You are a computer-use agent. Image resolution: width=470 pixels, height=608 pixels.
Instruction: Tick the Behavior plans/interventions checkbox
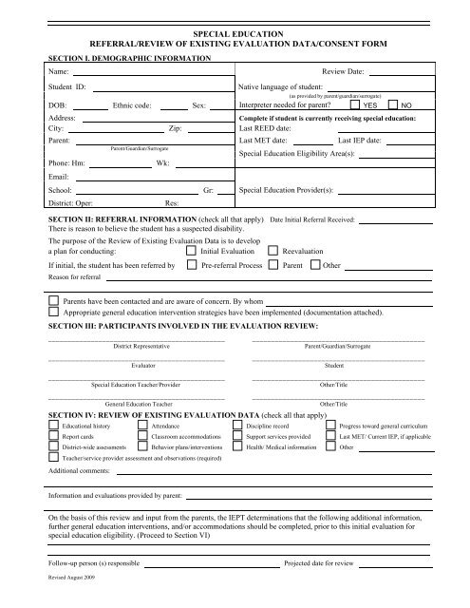(142, 455)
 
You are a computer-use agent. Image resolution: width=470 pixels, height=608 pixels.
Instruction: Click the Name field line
(147, 74)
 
